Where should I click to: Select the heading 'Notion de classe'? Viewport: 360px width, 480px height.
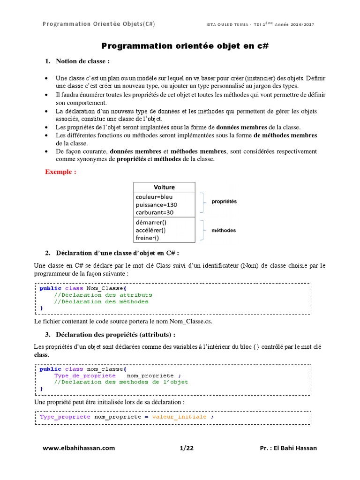[83, 61]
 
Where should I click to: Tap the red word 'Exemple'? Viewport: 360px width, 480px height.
[60, 172]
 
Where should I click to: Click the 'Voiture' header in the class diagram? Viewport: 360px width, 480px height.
[164, 187]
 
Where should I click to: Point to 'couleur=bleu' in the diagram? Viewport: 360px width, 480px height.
[154, 197]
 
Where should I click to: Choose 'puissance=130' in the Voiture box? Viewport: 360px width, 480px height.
[157, 205]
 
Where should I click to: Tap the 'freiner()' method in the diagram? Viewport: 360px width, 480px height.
[148, 238]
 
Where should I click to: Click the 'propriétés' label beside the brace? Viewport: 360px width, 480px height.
[224, 202]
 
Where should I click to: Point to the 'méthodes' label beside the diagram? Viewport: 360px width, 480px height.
[224, 231]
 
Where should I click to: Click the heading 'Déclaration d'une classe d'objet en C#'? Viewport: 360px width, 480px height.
[118, 253]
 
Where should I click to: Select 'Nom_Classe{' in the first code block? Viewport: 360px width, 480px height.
[100, 288]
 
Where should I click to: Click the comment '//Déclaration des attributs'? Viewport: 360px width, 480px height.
[103, 295]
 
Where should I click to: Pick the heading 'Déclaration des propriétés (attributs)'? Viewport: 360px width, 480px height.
[116, 334]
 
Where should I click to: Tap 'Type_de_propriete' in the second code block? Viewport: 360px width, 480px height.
[85, 375]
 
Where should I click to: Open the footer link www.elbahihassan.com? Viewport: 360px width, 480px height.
[79, 448]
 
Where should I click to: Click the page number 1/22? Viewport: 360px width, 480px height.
[187, 448]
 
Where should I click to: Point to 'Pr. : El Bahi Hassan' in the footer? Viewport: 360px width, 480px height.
[288, 448]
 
